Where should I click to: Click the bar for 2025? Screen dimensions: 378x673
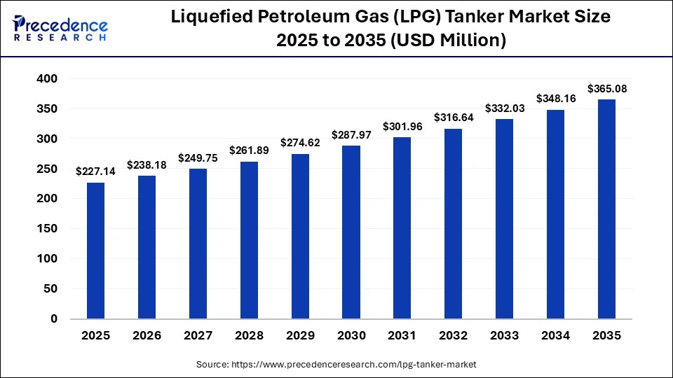click(95, 251)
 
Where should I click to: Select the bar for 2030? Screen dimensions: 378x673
click(351, 232)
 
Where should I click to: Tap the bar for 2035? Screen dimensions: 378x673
click(606, 209)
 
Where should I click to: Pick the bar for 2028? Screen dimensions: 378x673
click(249, 240)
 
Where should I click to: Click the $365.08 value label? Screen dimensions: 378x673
click(606, 89)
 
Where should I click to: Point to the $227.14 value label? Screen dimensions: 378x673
click(95, 171)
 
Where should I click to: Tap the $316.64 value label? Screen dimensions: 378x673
click(453, 118)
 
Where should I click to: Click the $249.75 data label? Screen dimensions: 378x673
click(198, 158)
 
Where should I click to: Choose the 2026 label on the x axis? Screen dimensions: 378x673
click(147, 336)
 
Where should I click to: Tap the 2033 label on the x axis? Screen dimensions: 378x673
click(504, 336)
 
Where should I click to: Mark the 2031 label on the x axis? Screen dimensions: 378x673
click(402, 336)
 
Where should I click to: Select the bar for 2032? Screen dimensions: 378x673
click(453, 224)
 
